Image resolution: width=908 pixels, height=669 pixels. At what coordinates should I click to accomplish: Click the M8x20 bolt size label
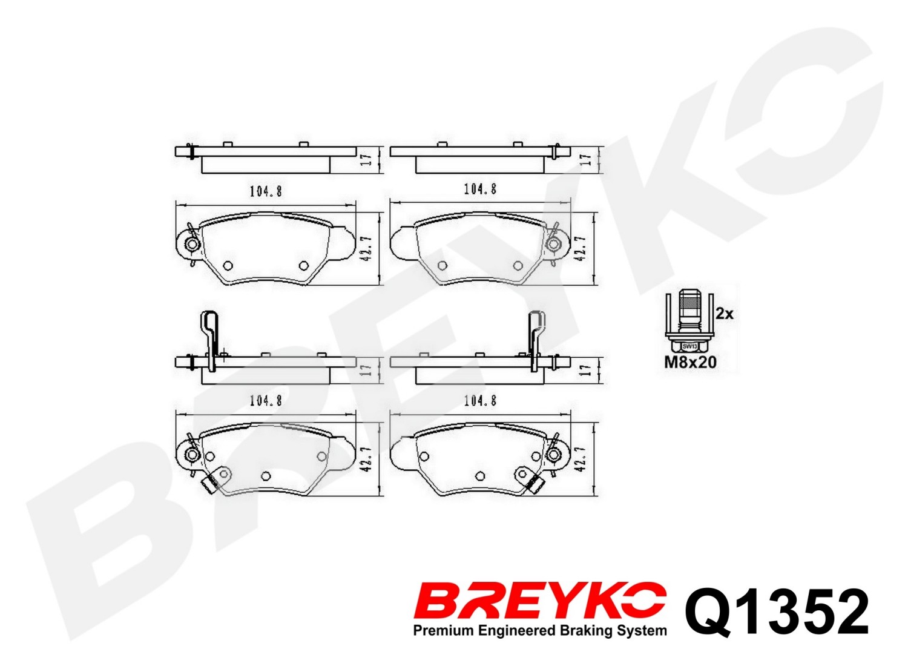click(690, 362)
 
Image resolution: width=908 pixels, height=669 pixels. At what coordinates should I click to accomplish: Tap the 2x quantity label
click(725, 314)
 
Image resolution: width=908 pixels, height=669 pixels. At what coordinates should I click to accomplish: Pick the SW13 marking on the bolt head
click(689, 346)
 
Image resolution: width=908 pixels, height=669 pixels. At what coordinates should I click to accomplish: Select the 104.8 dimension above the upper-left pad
click(266, 191)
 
